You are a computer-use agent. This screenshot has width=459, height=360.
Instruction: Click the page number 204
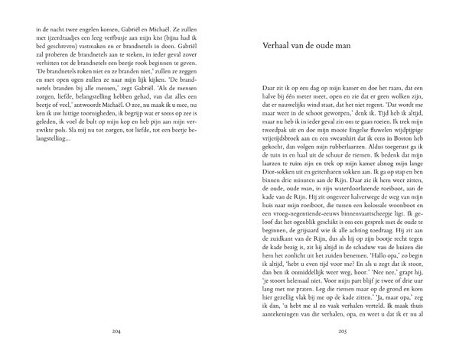click(x=116, y=332)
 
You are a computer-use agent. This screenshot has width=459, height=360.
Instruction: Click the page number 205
click(x=343, y=332)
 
